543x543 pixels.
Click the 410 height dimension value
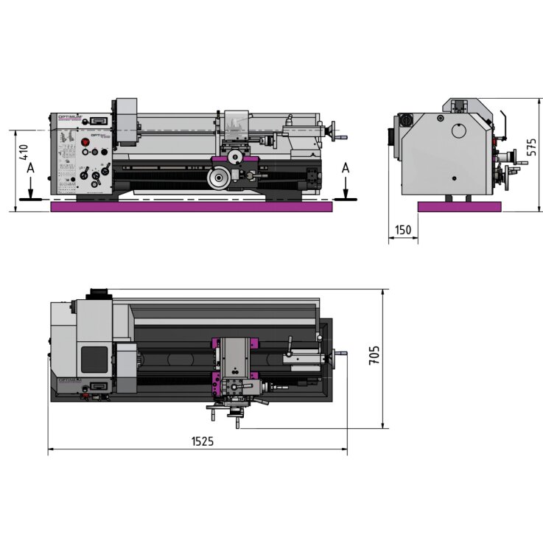(24, 153)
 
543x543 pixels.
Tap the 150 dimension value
(403, 230)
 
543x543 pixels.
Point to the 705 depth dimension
(374, 357)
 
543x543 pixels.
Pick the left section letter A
(29, 169)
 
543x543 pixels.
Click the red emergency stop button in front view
(83, 141)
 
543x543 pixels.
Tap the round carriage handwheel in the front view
(218, 178)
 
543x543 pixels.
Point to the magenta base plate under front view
(192, 207)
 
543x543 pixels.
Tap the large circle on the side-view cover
(459, 131)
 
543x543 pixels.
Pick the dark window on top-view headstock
(94, 359)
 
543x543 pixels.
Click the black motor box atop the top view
(98, 293)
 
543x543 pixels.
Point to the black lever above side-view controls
(505, 123)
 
